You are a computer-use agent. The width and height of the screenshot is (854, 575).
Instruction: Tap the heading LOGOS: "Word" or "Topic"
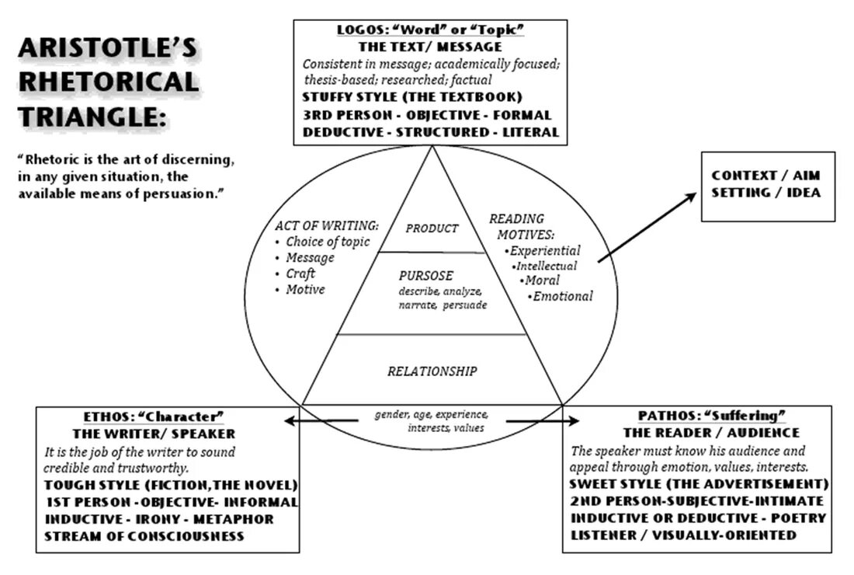tap(431, 30)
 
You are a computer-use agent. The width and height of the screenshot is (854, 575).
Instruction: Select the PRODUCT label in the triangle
tap(432, 228)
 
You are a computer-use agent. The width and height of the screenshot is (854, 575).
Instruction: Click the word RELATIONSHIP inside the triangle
tap(432, 371)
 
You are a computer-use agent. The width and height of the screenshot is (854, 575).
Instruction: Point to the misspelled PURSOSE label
tap(425, 276)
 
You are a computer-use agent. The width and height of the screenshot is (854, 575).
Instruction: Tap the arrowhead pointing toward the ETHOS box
tap(289, 420)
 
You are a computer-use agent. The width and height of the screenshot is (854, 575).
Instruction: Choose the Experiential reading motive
tap(543, 250)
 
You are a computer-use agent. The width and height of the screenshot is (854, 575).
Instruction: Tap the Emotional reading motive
tap(562, 296)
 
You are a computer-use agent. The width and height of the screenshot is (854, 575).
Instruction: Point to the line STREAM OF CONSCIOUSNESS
tap(144, 536)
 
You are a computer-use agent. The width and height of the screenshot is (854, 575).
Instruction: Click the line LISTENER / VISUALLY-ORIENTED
tap(683, 535)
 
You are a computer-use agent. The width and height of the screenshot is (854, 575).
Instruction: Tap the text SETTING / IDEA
tap(765, 192)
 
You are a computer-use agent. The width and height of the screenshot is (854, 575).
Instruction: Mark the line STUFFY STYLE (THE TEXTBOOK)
tap(411, 97)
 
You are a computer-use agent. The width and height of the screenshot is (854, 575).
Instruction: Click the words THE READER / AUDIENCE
tap(711, 433)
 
